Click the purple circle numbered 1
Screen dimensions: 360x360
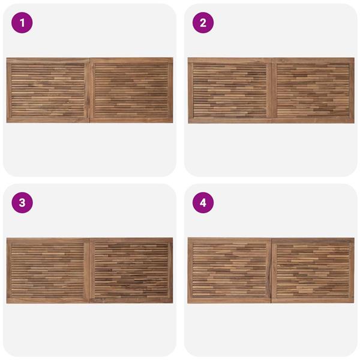[x=22, y=23]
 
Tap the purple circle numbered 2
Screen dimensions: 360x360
[x=203, y=23]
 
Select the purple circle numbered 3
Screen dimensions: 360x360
[x=22, y=203]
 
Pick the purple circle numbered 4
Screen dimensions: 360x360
[x=203, y=203]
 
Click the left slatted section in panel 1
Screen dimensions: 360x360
[x=48, y=90]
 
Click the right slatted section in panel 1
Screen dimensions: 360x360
[x=131, y=90]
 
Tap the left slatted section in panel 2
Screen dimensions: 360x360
[x=230, y=90]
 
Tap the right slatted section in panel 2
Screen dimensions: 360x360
[x=313, y=90]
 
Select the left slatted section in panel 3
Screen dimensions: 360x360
[x=48, y=270]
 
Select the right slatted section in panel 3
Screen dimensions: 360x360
[x=131, y=270]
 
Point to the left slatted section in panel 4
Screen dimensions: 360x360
[x=229, y=270]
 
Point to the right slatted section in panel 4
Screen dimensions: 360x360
[x=313, y=270]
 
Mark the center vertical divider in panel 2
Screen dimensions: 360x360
[x=272, y=91]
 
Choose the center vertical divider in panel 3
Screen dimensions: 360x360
[x=89, y=271]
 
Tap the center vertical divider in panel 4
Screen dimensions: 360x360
[x=271, y=271]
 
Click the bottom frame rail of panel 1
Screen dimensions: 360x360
[x=90, y=119]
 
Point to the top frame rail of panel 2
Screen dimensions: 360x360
[x=271, y=61]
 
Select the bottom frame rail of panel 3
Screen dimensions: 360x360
[x=90, y=301]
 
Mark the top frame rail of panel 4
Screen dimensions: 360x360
[x=271, y=241]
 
